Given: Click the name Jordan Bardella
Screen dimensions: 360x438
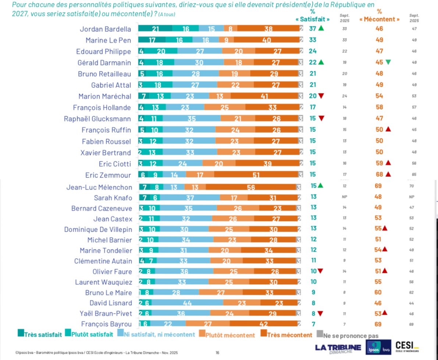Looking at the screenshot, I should pyautogui.click(x=106, y=29).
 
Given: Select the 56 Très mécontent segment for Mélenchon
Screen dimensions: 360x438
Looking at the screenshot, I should pyautogui.click(x=251, y=187).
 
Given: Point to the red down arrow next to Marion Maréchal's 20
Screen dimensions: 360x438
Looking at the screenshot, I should pyautogui.click(x=321, y=96).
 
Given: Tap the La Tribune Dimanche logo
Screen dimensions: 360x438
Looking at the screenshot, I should pyautogui.click(x=338, y=348).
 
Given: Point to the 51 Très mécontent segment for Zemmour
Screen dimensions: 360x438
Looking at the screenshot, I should pyautogui.click(x=256, y=175).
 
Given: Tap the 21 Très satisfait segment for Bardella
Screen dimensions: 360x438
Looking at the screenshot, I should pyautogui.click(x=155, y=29).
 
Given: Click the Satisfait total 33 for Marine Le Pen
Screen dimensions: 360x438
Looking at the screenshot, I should pyautogui.click(x=313, y=40).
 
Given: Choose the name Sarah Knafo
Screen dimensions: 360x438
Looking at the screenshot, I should pyautogui.click(x=113, y=198).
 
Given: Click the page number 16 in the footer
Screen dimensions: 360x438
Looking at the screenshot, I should pyautogui.click(x=217, y=353).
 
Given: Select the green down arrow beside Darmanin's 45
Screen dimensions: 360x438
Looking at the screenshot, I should pyautogui.click(x=388, y=62).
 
